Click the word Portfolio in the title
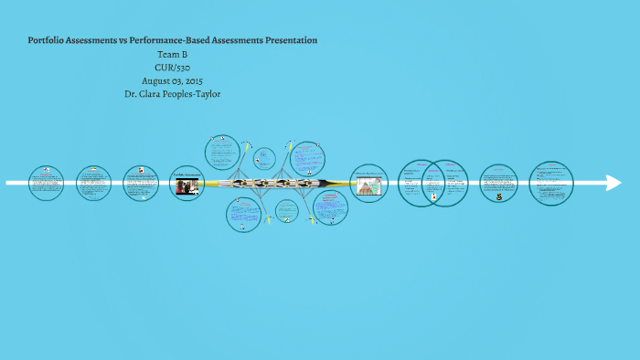click(x=48, y=40)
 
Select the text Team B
click(x=173, y=54)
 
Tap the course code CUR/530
click(x=173, y=67)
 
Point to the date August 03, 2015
click(x=173, y=79)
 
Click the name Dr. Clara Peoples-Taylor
click(x=173, y=93)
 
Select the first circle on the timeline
click(x=46, y=183)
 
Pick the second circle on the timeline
click(x=93, y=183)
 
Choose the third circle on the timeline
click(x=141, y=183)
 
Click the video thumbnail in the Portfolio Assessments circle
click(x=187, y=187)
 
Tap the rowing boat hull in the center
click(x=275, y=183)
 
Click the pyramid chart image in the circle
click(x=369, y=187)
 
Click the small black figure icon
click(x=498, y=195)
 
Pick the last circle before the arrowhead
click(x=551, y=183)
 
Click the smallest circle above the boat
click(x=265, y=158)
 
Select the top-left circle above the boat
click(x=222, y=153)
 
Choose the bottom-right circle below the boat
click(x=330, y=206)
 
